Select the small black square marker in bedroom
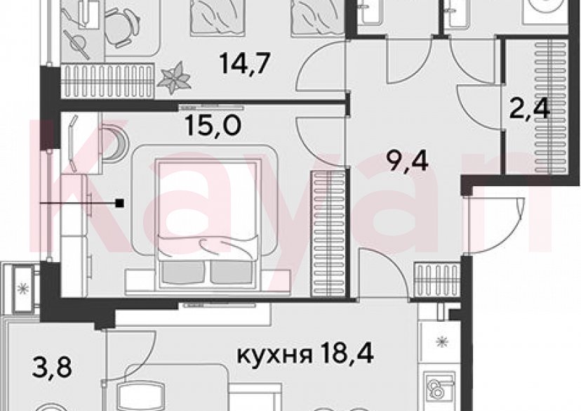coord(121,204)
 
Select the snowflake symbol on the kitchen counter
coord(442,343)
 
